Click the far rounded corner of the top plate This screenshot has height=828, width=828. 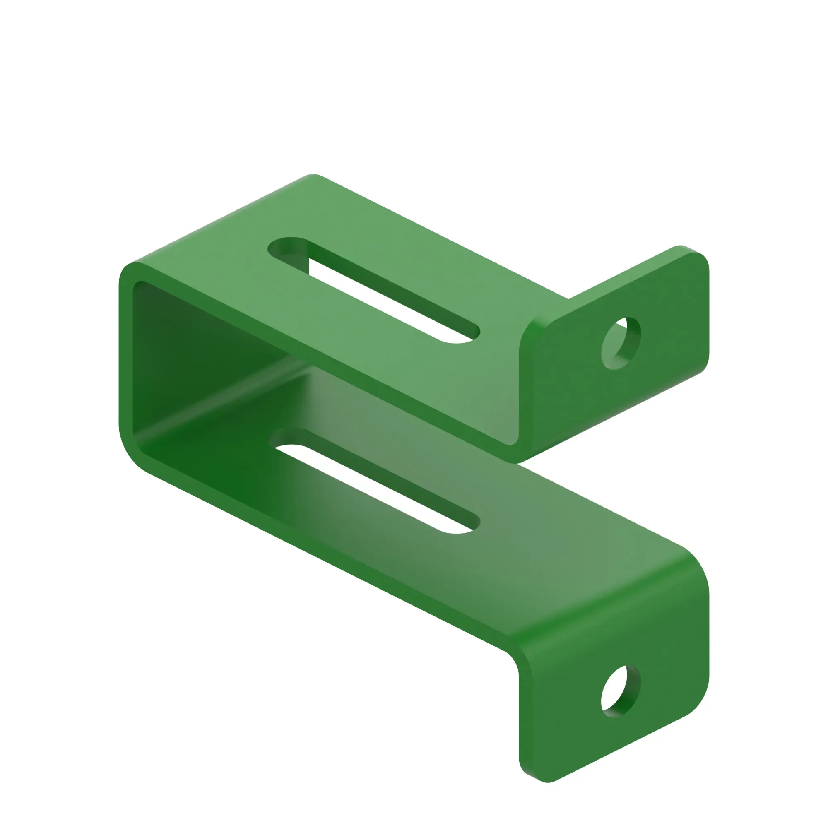point(313,177)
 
